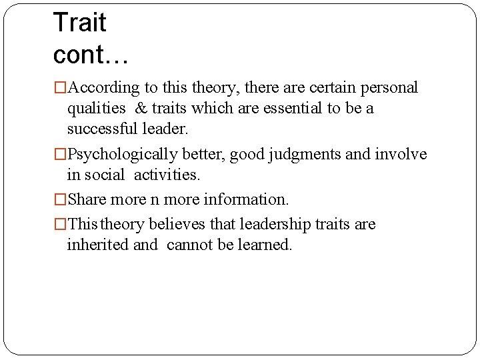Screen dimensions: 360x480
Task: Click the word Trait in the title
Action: (x=79, y=23)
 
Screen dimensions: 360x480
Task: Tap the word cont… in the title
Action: (x=91, y=55)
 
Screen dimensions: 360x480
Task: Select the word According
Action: (x=103, y=87)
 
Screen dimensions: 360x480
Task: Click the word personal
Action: (x=390, y=87)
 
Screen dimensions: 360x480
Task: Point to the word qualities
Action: (x=96, y=108)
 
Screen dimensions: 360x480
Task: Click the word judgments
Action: (x=305, y=154)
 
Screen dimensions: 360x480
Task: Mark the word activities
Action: (x=167, y=175)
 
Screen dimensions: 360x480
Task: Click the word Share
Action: (x=87, y=199)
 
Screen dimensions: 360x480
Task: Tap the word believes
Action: (x=177, y=224)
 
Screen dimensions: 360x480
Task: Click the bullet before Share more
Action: (x=61, y=199)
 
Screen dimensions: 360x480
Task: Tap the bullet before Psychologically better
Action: (x=61, y=155)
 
